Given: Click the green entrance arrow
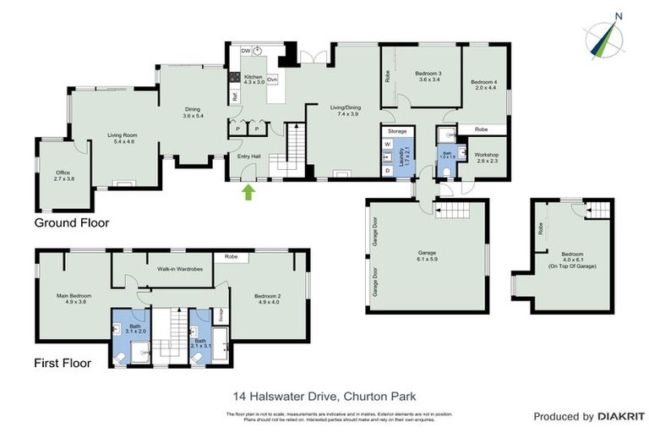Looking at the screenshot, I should click(248, 192).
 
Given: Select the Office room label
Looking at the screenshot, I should click(64, 175).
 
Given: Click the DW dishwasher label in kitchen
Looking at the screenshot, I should click(244, 51).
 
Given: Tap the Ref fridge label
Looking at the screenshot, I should click(234, 96).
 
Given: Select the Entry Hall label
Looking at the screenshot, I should click(248, 156).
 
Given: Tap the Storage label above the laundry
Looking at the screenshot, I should click(397, 132).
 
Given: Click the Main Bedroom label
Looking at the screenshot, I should click(74, 298).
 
